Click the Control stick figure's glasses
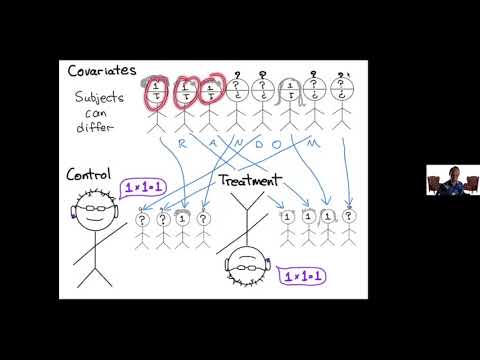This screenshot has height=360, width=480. (95, 211)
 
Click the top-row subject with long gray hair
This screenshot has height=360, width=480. (290, 96)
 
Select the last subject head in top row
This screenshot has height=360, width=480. (343, 95)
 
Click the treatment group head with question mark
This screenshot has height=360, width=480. (348, 215)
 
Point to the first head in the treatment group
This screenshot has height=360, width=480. (289, 215)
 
